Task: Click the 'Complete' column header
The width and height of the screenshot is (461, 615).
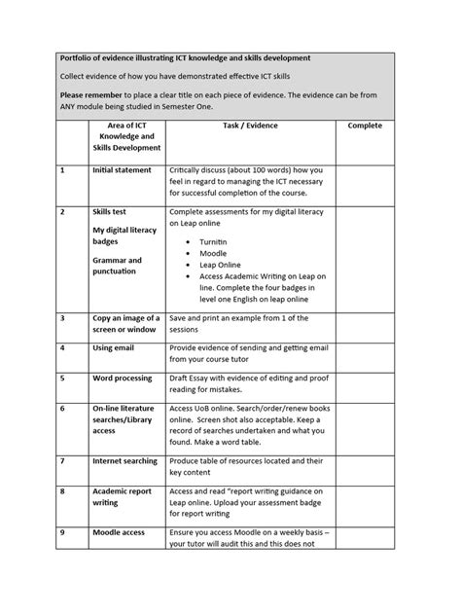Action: click(365, 127)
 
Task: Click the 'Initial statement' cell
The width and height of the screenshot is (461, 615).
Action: click(122, 170)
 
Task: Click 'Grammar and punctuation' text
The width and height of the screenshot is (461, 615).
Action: click(118, 267)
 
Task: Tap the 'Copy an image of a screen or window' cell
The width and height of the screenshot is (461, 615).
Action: click(124, 323)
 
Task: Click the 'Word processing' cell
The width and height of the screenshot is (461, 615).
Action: click(124, 378)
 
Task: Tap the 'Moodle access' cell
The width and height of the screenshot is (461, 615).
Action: click(120, 533)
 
